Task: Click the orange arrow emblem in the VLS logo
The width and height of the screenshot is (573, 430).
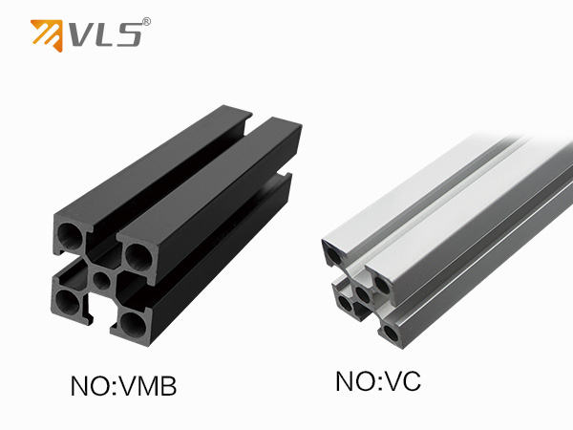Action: [x=47, y=35]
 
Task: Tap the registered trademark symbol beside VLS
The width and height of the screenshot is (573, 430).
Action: [x=145, y=22]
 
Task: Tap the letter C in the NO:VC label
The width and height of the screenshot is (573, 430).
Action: [x=410, y=381]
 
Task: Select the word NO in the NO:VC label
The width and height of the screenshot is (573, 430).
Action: [x=355, y=381]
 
